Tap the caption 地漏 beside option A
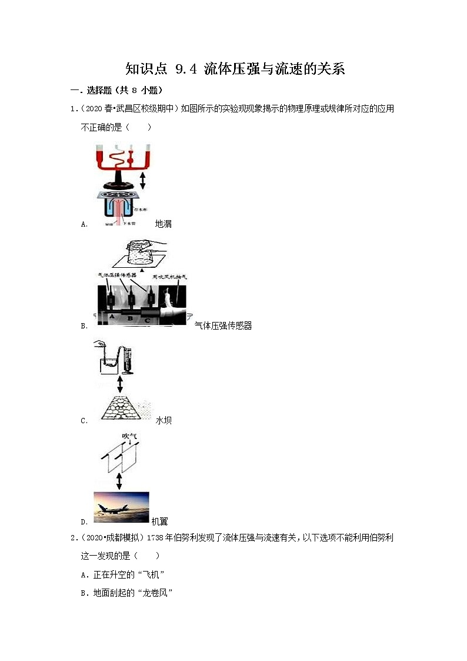point(163,224)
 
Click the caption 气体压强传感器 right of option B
point(223,325)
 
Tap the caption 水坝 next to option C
point(164,420)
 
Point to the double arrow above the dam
point(120,385)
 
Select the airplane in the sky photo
point(121,506)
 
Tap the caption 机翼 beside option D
point(159,522)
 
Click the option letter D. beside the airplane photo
point(84,522)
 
